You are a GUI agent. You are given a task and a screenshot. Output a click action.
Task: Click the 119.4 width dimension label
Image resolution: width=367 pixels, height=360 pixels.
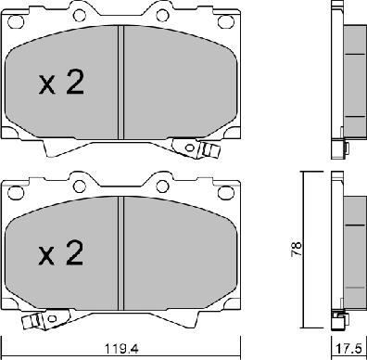click(x=121, y=349)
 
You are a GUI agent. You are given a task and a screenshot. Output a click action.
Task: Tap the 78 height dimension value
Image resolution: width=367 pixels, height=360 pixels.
click(x=297, y=249)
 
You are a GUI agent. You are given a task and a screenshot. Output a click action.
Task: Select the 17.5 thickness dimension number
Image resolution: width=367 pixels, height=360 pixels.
click(x=349, y=349)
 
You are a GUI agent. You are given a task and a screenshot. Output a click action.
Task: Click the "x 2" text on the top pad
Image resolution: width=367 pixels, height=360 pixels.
click(x=61, y=82)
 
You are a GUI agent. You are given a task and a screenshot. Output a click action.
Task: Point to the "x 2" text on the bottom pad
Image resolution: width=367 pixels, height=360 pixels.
click(x=61, y=252)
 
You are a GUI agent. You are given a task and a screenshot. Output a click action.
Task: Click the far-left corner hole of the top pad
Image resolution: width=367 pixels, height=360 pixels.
click(x=16, y=21)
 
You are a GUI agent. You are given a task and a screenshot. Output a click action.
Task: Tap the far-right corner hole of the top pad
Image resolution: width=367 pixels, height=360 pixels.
click(x=224, y=21)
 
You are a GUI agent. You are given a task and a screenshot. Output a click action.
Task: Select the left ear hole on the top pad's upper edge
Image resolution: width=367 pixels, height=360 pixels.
click(x=80, y=15)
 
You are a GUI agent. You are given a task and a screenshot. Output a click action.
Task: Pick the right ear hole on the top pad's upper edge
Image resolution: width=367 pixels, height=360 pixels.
click(x=162, y=15)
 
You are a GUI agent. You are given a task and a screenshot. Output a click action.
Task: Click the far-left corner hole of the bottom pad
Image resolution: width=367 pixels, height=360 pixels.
click(x=16, y=193)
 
